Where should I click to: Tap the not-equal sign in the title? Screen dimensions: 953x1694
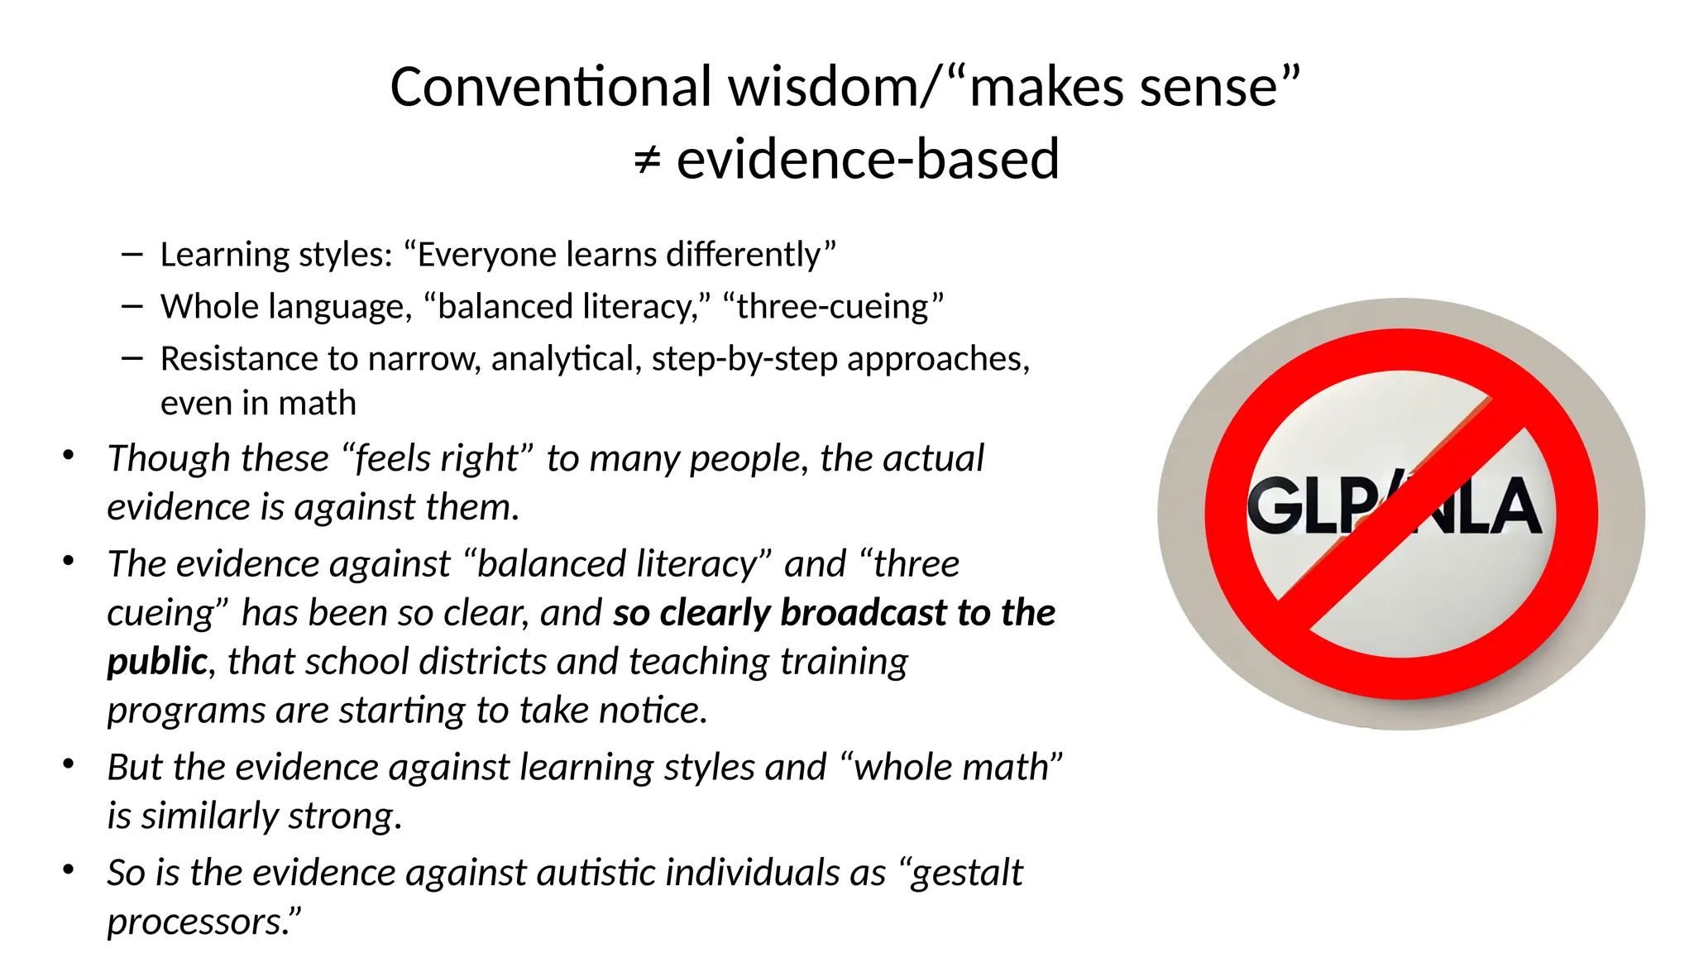tap(647, 160)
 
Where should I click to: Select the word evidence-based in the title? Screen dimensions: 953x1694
tap(868, 160)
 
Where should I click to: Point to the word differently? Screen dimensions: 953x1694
tap(750, 255)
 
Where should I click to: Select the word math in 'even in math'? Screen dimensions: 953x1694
tap(317, 404)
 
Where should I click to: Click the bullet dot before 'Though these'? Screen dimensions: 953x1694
tap(69, 455)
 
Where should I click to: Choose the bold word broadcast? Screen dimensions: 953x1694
tap(864, 613)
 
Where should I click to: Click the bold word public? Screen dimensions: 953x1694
tap(156, 662)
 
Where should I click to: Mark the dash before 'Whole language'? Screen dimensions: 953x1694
tap(132, 307)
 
